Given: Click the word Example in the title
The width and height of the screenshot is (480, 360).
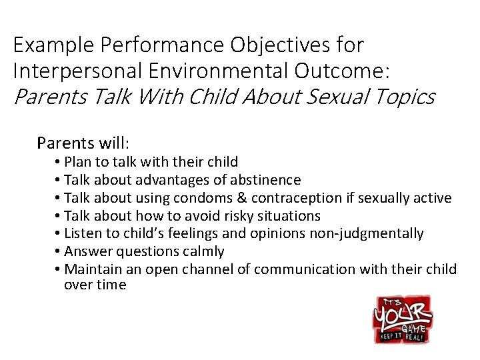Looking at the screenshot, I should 54,46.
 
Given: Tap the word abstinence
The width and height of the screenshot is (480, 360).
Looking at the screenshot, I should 267,180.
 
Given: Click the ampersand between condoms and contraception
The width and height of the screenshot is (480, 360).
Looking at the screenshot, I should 241,198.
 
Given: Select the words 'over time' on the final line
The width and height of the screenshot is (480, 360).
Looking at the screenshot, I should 95,285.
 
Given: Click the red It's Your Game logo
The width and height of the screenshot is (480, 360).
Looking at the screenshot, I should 402,319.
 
